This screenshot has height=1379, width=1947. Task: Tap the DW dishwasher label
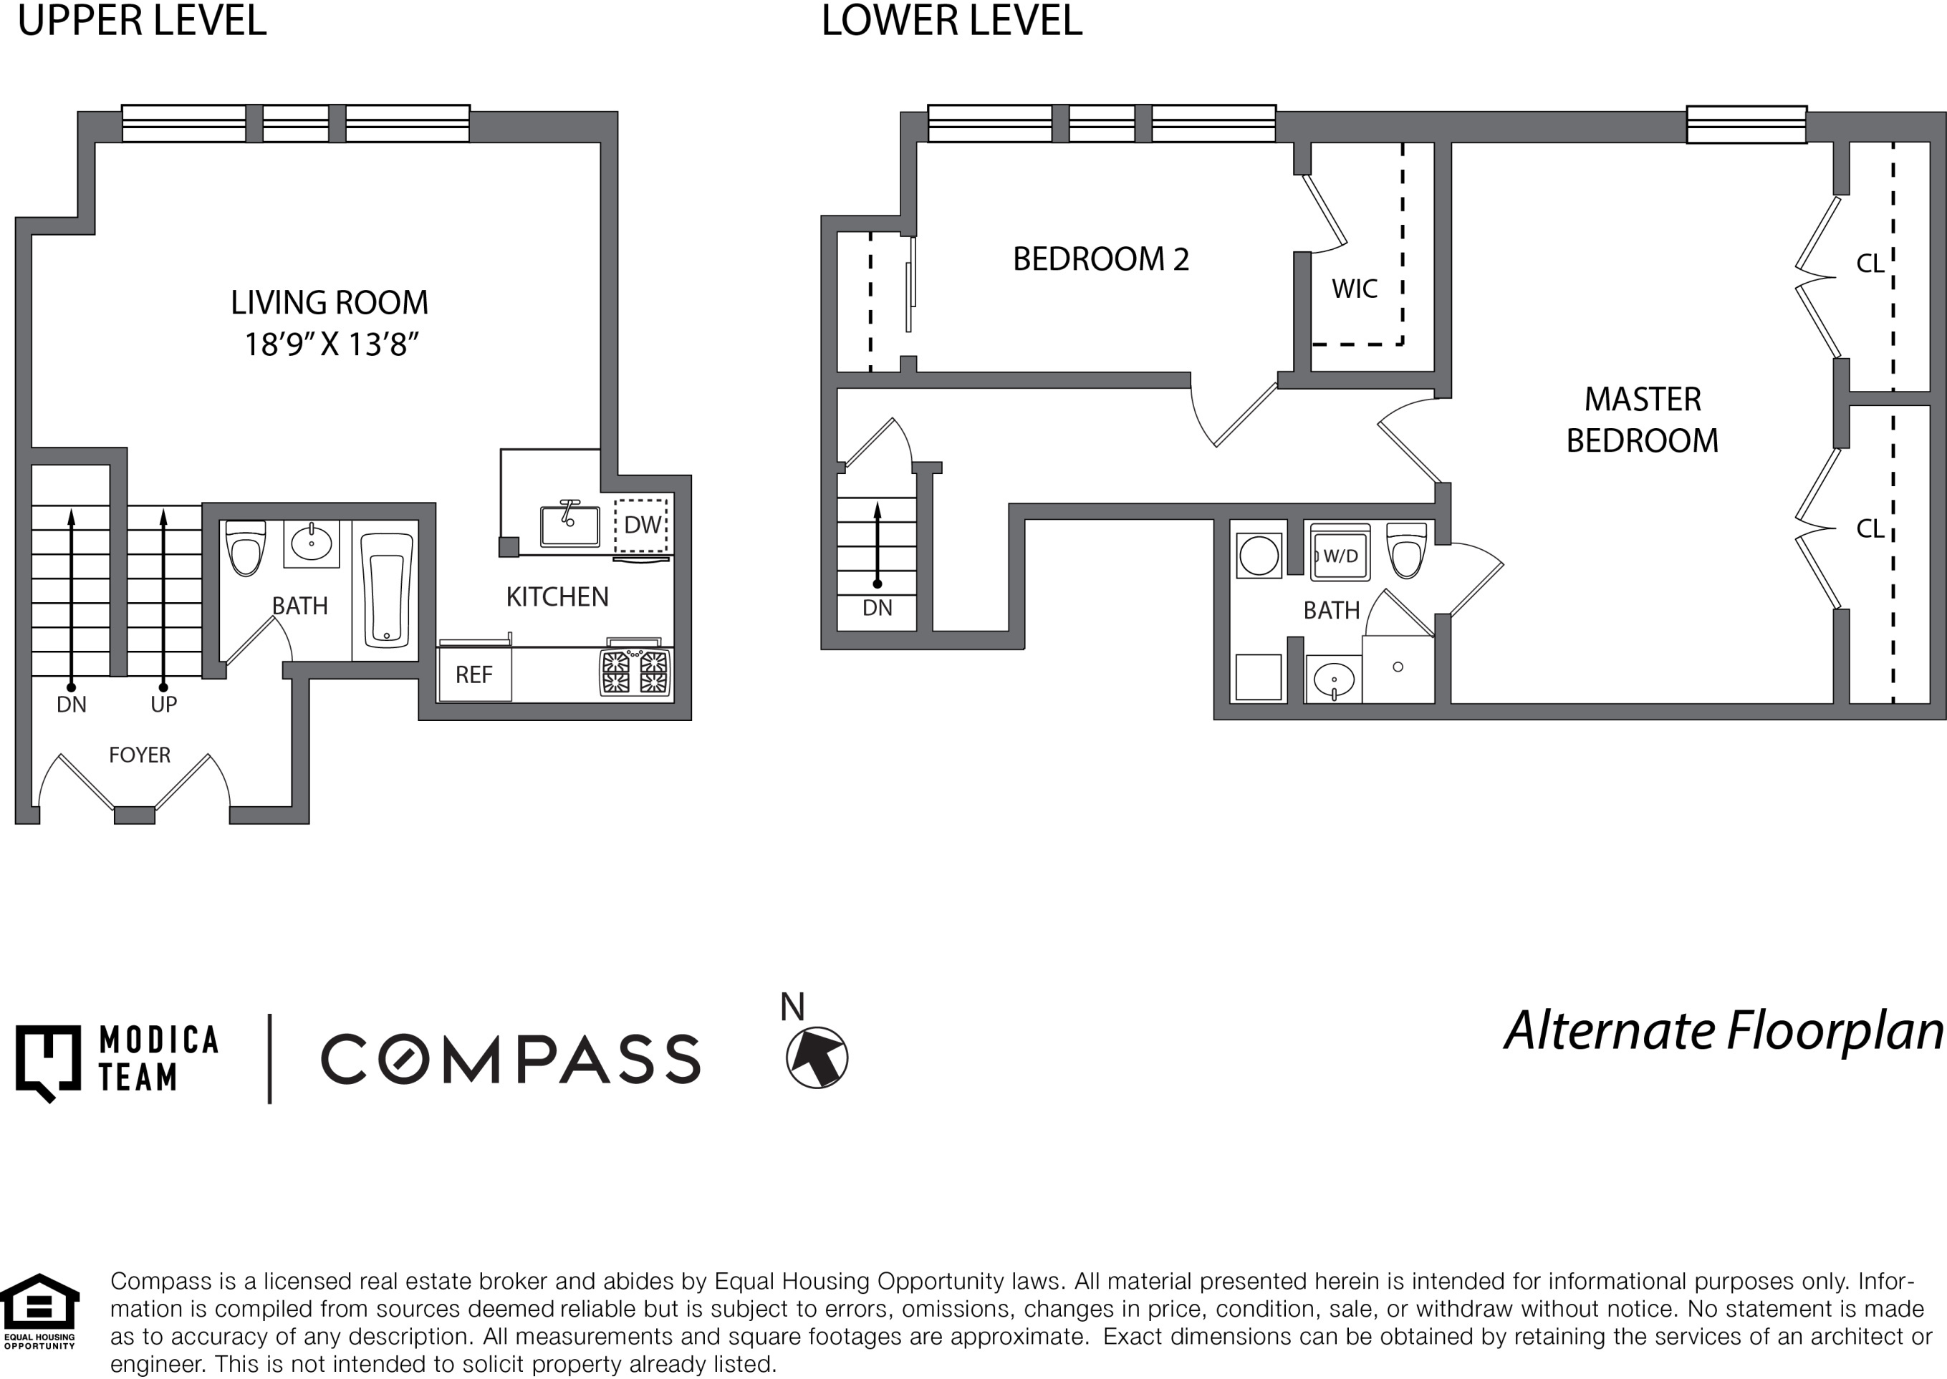643,525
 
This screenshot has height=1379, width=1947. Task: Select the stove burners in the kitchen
635,672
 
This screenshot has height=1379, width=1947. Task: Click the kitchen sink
570,524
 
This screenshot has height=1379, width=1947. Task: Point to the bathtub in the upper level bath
387,590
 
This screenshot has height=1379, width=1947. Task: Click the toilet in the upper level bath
246,548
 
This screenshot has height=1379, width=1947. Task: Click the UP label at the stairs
164,704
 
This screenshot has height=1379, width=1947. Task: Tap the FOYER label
140,755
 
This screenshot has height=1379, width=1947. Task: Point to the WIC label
1354,289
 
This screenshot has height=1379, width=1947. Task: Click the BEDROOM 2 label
1101,259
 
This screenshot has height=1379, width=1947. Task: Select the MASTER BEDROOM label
1642,420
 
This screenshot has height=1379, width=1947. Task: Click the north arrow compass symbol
817,1058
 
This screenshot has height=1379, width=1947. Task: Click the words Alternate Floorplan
1724,1032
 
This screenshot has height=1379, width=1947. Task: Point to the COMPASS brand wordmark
511,1059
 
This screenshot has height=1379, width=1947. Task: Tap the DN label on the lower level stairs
878,608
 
